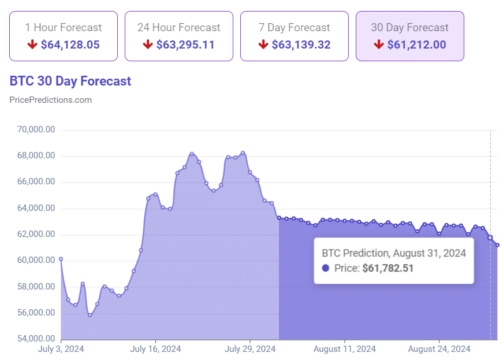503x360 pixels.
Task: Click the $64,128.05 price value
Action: pos(70,44)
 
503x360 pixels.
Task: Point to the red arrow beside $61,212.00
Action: pos(379,44)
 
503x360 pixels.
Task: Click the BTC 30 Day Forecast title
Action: pos(70,81)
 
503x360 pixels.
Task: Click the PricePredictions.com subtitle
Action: pos(51,100)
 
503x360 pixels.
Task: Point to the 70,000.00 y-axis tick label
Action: pos(36,130)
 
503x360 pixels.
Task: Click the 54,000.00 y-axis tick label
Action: pos(36,339)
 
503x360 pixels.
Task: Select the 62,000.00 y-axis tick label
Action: pos(36,235)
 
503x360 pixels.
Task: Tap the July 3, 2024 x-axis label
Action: pos(61,349)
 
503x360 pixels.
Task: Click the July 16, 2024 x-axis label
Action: pos(155,349)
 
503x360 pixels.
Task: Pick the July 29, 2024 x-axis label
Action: pos(250,349)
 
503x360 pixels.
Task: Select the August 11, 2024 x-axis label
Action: pos(345,349)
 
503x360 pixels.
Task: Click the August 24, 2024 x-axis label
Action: pos(439,349)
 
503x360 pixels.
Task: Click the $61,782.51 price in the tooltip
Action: pos(388,268)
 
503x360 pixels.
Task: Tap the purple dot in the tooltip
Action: pos(326,268)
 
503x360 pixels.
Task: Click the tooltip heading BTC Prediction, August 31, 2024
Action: pos(394,253)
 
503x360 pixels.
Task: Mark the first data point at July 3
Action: pos(61,259)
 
